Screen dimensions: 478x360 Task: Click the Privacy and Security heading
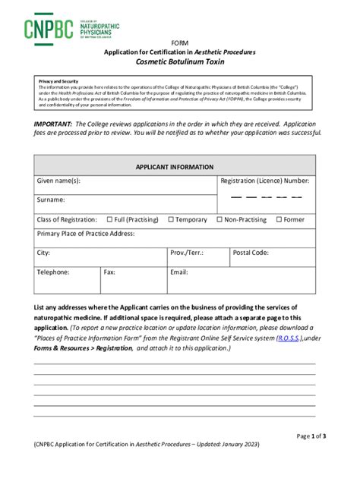pyautogui.click(x=58, y=81)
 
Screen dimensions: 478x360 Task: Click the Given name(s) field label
pyautogui.click(x=58, y=181)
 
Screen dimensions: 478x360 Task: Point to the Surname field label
pyautogui.click(x=51, y=200)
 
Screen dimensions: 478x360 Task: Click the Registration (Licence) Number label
pyautogui.click(x=265, y=181)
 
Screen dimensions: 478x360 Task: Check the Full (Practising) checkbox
pyautogui.click(x=110, y=220)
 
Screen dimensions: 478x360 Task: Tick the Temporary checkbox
pyautogui.click(x=171, y=220)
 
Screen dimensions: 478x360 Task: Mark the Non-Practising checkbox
pyautogui.click(x=219, y=220)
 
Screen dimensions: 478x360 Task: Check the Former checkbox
pyautogui.click(x=279, y=220)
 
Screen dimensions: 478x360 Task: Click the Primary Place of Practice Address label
pyautogui.click(x=86, y=234)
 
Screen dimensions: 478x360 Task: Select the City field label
pyautogui.click(x=43, y=253)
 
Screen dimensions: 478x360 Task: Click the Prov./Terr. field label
pyautogui.click(x=186, y=253)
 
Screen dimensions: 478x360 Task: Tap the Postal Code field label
pyautogui.click(x=251, y=253)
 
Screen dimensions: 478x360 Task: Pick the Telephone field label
pyautogui.click(x=53, y=272)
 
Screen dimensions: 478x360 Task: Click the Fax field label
pyautogui.click(x=109, y=272)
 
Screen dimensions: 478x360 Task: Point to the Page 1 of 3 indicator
pyautogui.click(x=311, y=436)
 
